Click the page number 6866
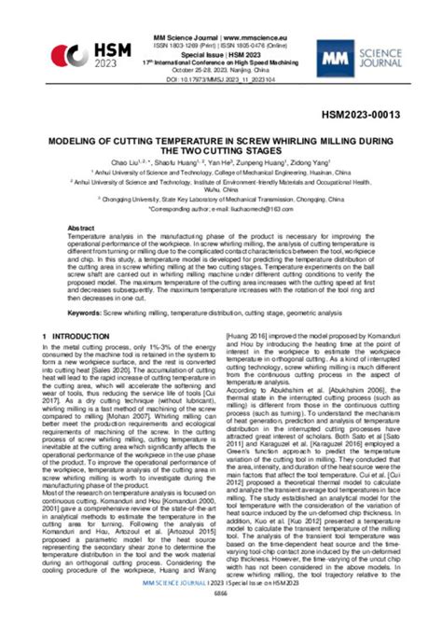(220, 619)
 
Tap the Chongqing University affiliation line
(221, 199)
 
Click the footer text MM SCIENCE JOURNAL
(159, 607)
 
